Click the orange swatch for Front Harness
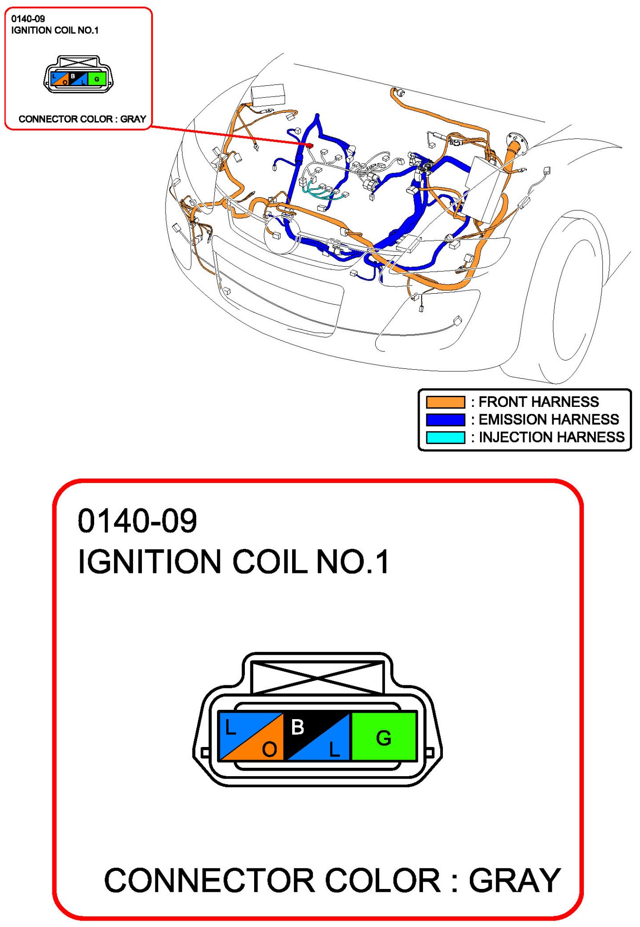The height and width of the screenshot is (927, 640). pyautogui.click(x=445, y=401)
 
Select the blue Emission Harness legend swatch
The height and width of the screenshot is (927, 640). pyautogui.click(x=445, y=419)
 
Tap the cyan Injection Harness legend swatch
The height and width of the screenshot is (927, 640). pyautogui.click(x=445, y=437)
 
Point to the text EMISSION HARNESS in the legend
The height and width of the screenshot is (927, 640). pyautogui.click(x=548, y=419)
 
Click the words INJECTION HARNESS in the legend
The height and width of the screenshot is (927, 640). pyautogui.click(x=551, y=437)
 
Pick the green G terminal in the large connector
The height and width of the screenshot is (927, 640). pyautogui.click(x=384, y=736)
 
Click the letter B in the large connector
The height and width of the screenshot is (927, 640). pyautogui.click(x=297, y=727)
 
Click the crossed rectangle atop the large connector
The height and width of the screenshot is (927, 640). pyautogui.click(x=317, y=678)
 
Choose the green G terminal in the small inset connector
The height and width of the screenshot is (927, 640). pyautogui.click(x=97, y=79)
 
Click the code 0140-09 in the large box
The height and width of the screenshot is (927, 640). pyautogui.click(x=137, y=521)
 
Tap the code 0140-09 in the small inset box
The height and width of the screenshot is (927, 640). pyautogui.click(x=28, y=19)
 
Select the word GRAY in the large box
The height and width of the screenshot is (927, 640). pyautogui.click(x=514, y=880)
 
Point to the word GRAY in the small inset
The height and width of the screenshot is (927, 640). pyautogui.click(x=133, y=119)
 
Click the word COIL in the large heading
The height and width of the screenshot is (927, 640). pyautogui.click(x=270, y=561)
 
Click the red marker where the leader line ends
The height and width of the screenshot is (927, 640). pyautogui.click(x=310, y=145)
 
